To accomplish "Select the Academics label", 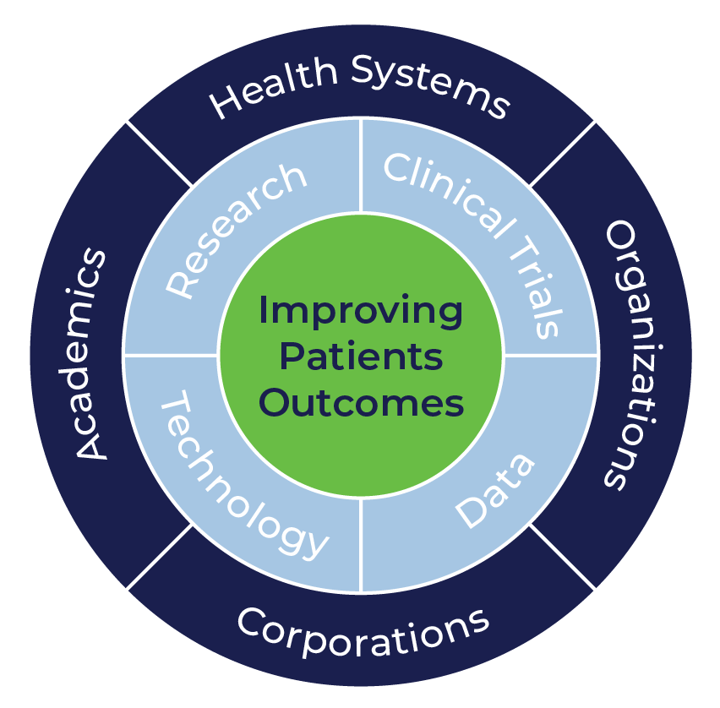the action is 92,354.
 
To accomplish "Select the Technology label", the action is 242,478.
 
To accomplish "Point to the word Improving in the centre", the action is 361,312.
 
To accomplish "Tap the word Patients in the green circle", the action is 361,357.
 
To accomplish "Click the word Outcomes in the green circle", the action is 361,403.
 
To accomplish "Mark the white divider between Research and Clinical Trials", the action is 361,166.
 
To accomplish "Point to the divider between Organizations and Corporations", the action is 563,557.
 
